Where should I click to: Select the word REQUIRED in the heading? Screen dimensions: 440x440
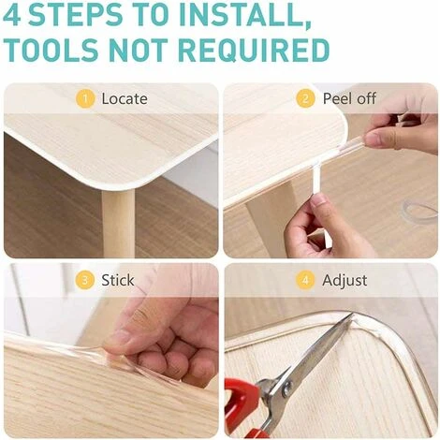click(x=255, y=51)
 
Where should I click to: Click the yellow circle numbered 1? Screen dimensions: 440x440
click(x=85, y=99)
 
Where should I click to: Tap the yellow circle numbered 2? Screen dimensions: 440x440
click(x=305, y=99)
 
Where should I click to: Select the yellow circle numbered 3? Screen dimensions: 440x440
click(x=85, y=280)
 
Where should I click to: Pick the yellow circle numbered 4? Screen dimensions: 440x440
click(x=305, y=280)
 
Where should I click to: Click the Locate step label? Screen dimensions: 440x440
click(x=125, y=99)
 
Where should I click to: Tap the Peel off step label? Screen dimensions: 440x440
click(x=349, y=98)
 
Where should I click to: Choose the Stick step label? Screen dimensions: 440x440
click(x=118, y=280)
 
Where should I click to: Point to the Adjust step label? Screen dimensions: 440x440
click(x=345, y=281)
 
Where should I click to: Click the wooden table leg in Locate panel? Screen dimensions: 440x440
click(x=118, y=222)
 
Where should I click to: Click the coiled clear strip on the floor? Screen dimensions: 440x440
click(x=418, y=210)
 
